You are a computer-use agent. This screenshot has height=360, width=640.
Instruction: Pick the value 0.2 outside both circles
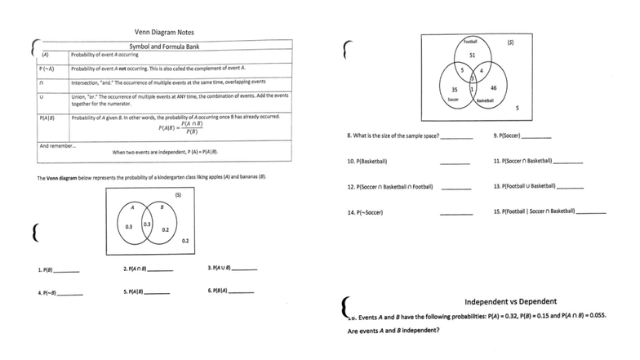[185, 240]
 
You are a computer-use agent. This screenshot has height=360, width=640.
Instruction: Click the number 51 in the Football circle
[472, 55]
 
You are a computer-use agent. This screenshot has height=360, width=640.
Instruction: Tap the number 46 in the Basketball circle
[494, 87]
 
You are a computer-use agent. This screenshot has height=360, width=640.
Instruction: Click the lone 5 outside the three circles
[518, 108]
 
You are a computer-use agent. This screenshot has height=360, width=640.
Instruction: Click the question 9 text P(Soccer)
[512, 135]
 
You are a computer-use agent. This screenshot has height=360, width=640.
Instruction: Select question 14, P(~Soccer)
[366, 213]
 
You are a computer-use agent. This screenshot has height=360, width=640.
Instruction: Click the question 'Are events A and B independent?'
[393, 331]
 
